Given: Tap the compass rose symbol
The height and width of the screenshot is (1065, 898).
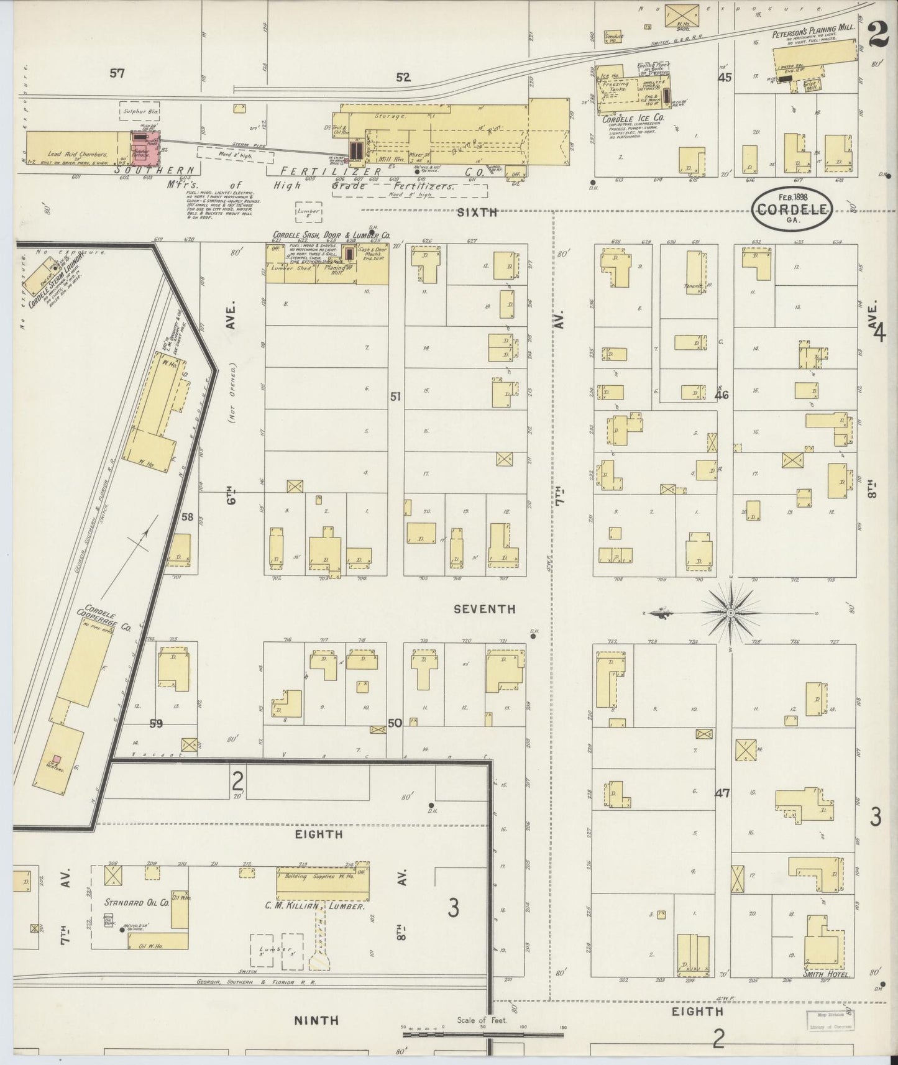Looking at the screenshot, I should (731, 613).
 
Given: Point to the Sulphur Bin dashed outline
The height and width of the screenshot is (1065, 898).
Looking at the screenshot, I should (141, 111).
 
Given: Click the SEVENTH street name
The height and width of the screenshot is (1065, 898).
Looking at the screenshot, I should (484, 609).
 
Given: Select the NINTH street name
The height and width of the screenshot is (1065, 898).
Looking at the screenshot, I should (316, 1020).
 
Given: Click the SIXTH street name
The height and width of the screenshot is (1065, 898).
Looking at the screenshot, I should (477, 212).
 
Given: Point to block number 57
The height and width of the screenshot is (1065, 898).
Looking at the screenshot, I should (117, 73).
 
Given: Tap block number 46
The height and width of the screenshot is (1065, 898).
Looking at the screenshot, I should (722, 394).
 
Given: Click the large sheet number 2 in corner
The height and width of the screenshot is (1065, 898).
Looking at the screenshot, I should (877, 34).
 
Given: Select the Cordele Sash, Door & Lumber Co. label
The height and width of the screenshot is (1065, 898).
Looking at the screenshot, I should (331, 235).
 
